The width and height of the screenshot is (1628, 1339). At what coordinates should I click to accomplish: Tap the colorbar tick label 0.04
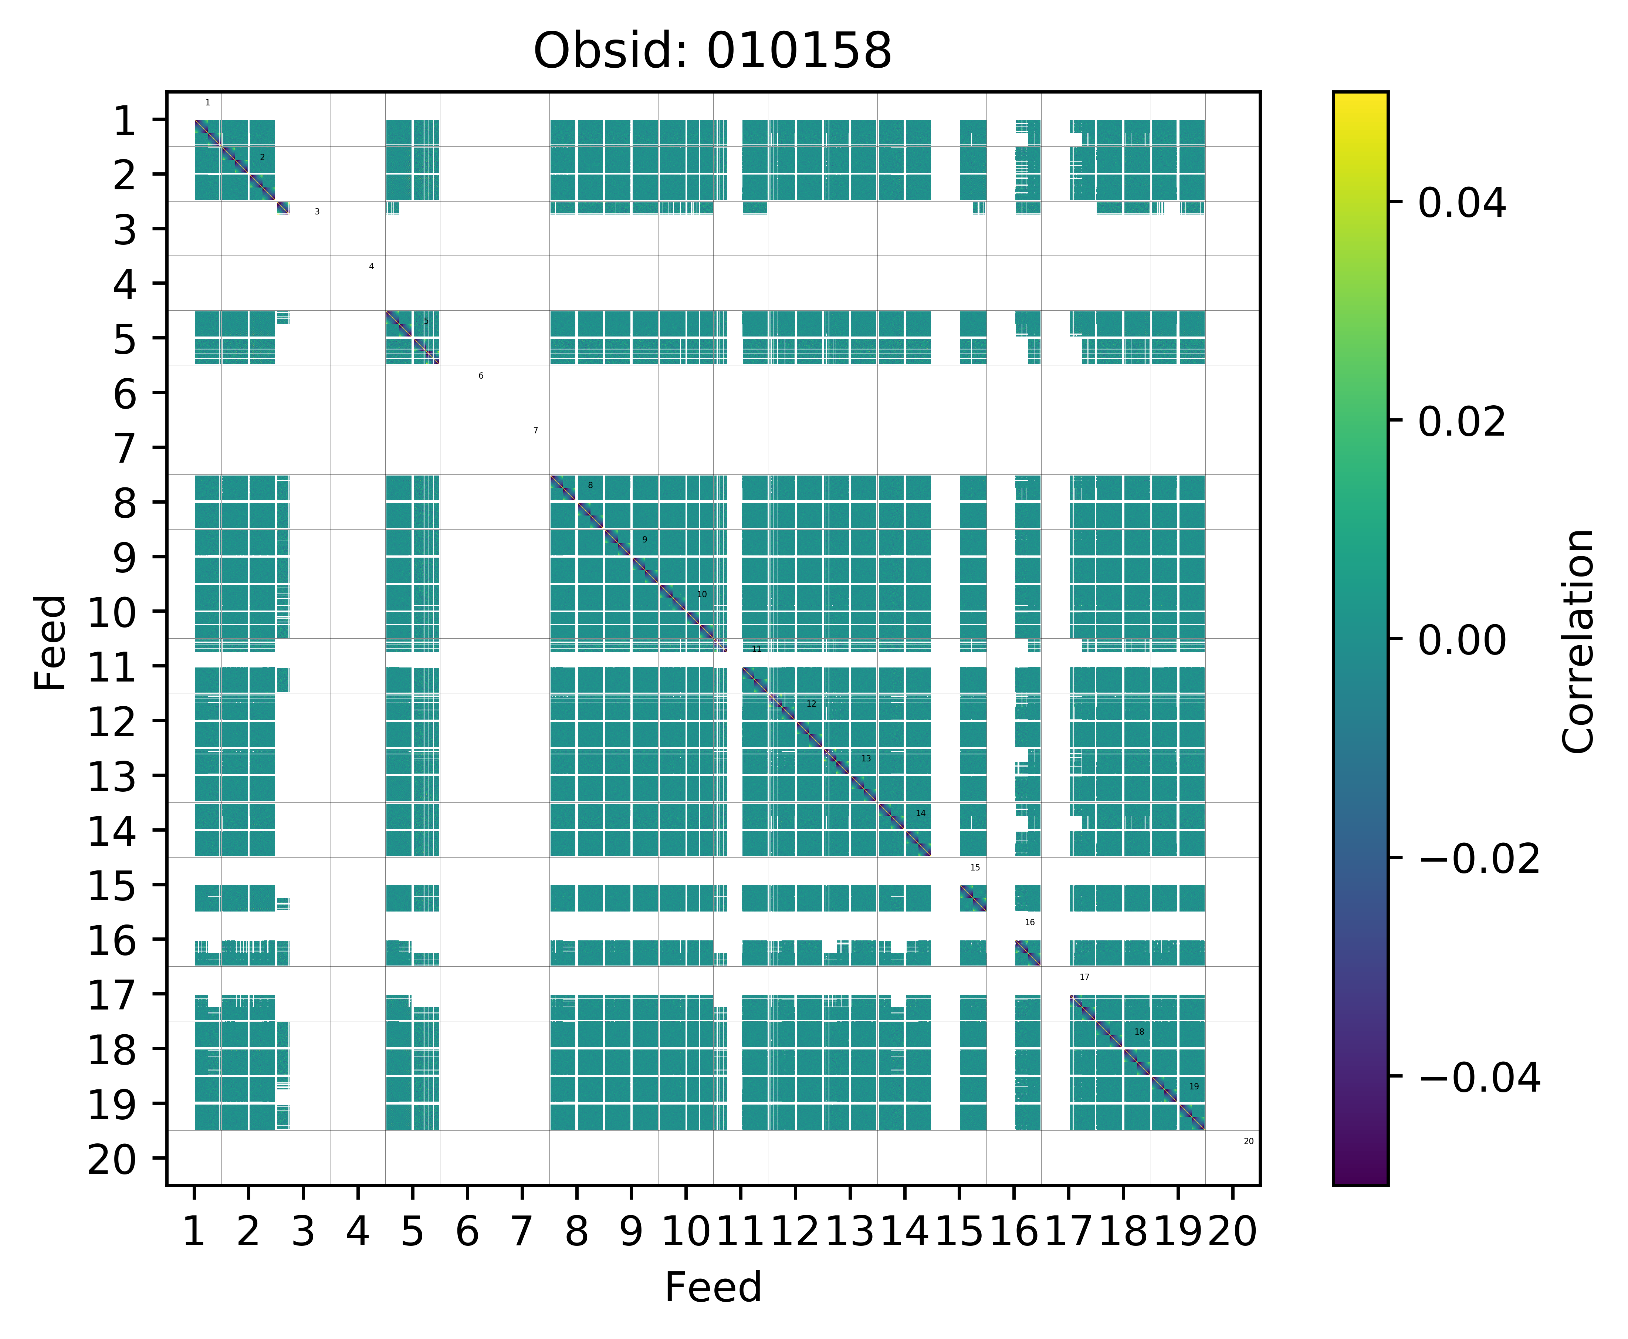coord(1461,204)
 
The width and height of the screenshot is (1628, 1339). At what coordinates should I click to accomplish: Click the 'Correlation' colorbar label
coord(1578,640)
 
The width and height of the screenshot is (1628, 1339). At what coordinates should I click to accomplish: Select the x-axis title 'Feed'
coord(713,1287)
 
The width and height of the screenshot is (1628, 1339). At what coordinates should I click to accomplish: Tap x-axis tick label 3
coord(303,1232)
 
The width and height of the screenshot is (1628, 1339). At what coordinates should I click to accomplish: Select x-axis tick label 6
coord(467,1232)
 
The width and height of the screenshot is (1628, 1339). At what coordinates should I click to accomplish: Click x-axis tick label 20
coord(1232,1232)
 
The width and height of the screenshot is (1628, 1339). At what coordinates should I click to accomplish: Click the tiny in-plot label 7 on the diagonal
coord(535,430)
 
